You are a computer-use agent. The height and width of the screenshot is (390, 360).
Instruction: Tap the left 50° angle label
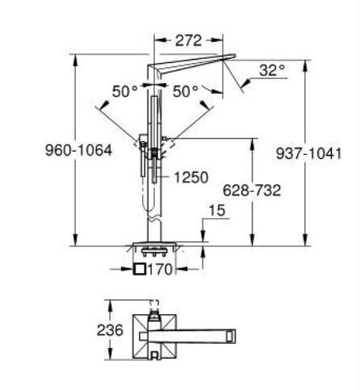(x=124, y=91)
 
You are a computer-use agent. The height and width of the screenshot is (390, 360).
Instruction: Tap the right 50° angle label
(x=185, y=91)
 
